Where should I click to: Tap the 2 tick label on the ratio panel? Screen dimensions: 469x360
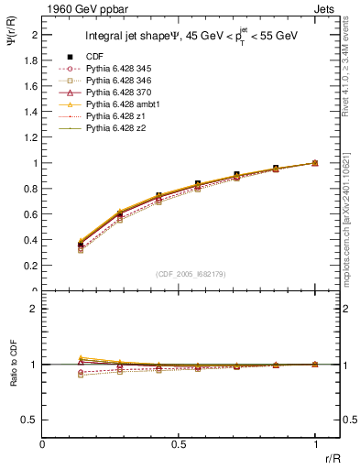[x=34, y=309]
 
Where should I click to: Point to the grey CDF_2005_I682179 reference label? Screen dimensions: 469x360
[x=179, y=275]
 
